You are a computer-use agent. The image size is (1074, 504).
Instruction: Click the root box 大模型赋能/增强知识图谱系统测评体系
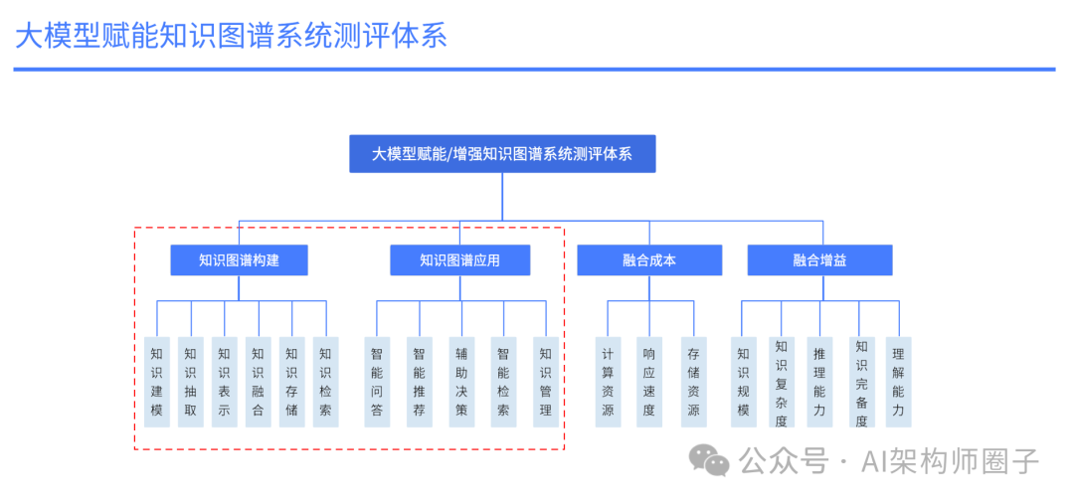502,154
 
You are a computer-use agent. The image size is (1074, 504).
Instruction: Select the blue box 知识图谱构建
239,260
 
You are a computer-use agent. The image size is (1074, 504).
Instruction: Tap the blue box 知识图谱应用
459,260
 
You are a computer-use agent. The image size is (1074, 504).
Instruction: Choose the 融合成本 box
648,260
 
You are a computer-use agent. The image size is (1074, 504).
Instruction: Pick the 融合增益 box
819,260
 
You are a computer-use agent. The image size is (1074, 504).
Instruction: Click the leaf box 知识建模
156,382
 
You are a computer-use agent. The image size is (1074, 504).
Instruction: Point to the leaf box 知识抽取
190,382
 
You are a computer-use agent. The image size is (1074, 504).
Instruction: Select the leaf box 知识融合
258,382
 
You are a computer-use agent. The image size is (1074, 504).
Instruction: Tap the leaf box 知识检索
325,382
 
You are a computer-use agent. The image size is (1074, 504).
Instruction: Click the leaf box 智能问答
376,382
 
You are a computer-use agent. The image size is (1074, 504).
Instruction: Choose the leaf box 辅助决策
460,382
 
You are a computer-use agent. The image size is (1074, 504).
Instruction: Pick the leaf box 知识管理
545,382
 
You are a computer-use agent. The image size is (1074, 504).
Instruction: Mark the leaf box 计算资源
608,382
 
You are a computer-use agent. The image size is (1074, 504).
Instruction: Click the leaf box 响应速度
649,382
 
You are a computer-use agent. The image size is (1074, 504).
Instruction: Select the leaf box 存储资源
693,382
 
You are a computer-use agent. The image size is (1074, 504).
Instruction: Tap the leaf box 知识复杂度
782,383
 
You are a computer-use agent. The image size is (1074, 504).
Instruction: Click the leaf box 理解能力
898,382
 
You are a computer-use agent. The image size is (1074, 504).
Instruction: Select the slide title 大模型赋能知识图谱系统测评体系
231,36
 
